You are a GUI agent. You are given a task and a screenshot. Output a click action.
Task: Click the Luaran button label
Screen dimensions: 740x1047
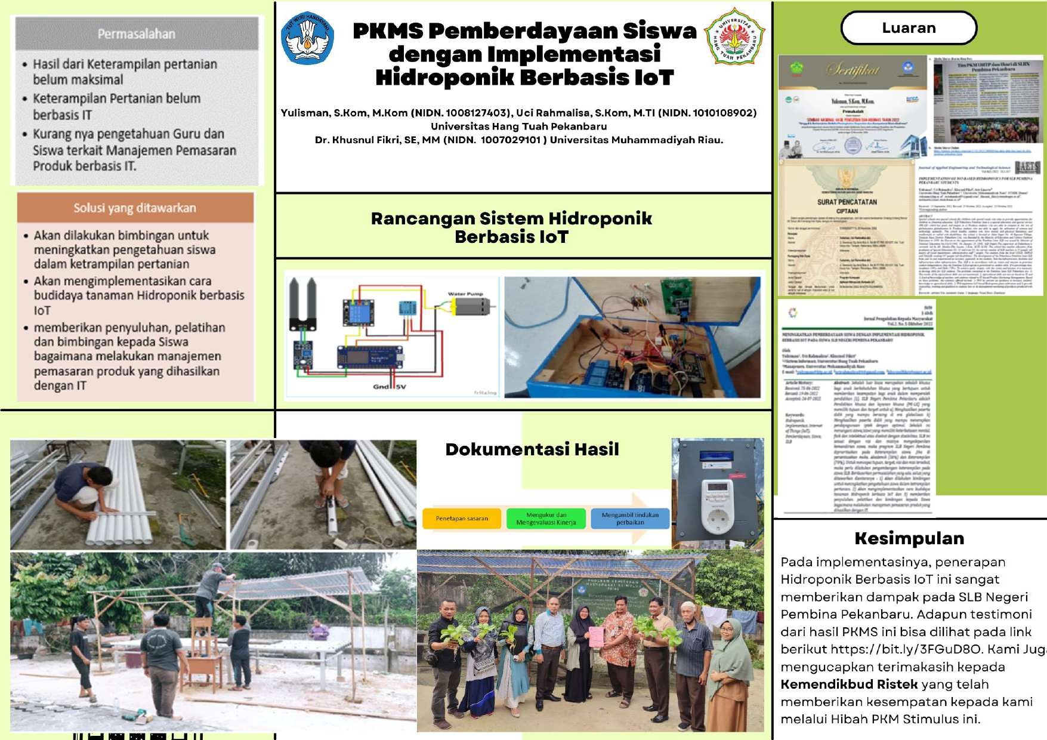(909, 28)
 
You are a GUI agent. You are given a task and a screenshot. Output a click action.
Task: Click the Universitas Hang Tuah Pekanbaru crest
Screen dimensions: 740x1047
(734, 37)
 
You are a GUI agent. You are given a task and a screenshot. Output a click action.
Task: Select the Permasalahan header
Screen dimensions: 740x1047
(137, 34)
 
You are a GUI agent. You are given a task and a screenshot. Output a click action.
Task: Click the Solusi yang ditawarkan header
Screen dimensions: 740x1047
(135, 208)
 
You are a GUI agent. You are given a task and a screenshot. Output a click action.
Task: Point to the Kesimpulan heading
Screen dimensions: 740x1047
(909, 538)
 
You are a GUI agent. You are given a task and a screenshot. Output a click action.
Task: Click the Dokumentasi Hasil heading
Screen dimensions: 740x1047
(532, 449)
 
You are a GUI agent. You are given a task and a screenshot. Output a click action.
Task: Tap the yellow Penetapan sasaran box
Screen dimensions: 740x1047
(462, 518)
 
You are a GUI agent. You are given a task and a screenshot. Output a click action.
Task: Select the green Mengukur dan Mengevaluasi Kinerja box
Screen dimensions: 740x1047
(546, 518)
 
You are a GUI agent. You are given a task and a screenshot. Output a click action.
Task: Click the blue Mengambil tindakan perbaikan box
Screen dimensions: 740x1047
(630, 518)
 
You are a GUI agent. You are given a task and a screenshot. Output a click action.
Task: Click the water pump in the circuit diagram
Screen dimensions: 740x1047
(471, 307)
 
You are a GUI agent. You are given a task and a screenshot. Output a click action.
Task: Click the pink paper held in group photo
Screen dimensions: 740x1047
(596, 637)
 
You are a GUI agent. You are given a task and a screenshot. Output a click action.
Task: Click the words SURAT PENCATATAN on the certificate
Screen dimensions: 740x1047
(847, 202)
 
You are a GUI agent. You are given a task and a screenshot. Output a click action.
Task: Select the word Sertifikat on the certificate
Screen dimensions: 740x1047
(853, 70)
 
